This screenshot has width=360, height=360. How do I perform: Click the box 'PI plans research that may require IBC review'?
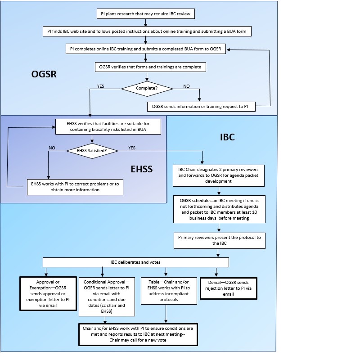click(x=145, y=14)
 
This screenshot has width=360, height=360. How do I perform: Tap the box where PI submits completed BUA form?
click(x=145, y=49)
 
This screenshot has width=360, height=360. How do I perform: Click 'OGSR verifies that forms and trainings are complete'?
click(x=151, y=67)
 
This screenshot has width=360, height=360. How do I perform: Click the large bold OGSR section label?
click(x=41, y=74)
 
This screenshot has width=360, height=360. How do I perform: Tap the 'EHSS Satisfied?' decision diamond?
click(x=92, y=151)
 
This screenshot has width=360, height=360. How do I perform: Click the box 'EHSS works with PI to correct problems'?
click(x=75, y=187)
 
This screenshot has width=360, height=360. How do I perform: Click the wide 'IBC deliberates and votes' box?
click(x=135, y=262)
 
